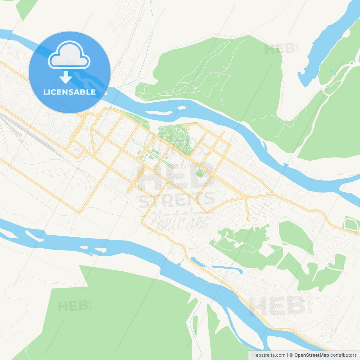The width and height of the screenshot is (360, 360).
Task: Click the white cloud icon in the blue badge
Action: coord(69,55)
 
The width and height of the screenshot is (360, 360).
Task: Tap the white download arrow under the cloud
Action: coord(66,77)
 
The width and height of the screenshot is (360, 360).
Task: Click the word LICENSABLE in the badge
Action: coord(69,92)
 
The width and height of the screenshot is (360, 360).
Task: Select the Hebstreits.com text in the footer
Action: coord(269,355)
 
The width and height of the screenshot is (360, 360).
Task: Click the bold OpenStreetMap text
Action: coord(311,355)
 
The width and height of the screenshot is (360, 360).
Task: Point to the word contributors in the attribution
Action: coord(343,355)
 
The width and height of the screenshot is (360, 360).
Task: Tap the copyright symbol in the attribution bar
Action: coord(291,355)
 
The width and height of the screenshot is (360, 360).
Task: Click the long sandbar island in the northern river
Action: coord(159,113)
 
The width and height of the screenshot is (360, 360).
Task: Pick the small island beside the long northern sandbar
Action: coord(182,108)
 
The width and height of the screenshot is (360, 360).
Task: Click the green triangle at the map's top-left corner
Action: coord(26,8)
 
